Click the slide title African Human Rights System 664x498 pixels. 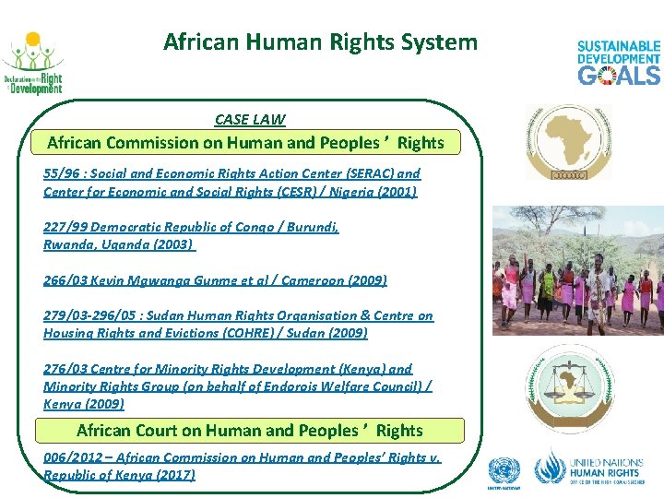320,41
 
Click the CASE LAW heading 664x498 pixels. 250,119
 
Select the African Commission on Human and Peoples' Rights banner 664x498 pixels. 245,143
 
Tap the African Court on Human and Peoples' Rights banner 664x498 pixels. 249,431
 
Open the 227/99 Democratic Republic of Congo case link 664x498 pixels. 191,227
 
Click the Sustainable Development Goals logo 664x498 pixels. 618,63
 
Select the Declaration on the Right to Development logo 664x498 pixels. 32,65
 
